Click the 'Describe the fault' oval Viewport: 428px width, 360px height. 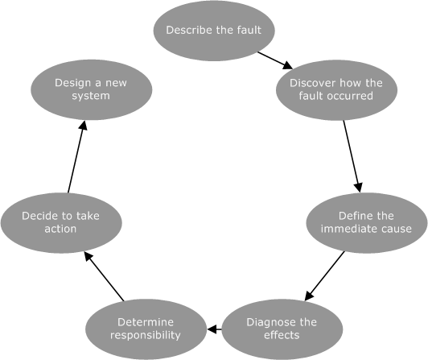[x=213, y=31]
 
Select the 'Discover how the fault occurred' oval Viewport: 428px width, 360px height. [x=336, y=89]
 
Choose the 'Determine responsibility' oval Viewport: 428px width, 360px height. [x=145, y=329]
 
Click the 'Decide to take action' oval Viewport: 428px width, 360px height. [x=61, y=222]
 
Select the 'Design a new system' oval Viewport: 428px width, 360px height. [x=91, y=89]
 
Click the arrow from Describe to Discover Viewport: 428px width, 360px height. [x=274, y=60]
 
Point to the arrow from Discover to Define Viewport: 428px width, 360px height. [x=351, y=156]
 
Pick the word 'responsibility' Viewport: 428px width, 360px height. [x=145, y=335]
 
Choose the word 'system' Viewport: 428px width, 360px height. [x=90, y=96]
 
